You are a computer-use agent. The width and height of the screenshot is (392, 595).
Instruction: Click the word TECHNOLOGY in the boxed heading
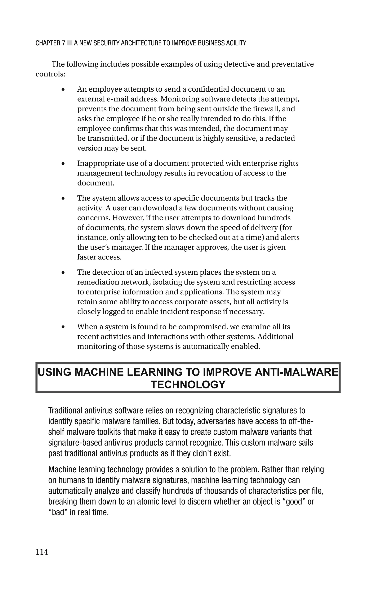coord(188,385)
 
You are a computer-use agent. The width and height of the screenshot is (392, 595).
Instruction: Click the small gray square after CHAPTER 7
coord(70,43)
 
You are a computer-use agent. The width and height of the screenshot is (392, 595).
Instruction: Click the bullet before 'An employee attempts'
coord(63,89)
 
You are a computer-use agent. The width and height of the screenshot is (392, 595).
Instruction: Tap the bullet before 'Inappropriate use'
coord(63,163)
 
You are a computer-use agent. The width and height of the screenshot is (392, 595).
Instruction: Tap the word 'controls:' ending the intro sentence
coord(51,74)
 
